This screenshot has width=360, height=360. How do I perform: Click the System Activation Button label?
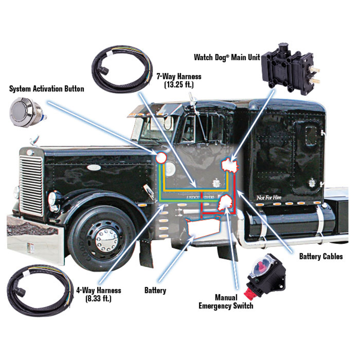[47, 89]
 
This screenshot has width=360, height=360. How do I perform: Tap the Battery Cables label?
[321, 256]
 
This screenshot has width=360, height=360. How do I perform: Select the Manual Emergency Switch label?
[226, 301]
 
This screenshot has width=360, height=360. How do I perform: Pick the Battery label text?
[155, 290]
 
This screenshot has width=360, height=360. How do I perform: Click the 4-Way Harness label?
[99, 294]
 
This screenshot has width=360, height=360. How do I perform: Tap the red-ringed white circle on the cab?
[161, 158]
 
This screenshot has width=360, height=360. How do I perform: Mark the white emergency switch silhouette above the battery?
[224, 205]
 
